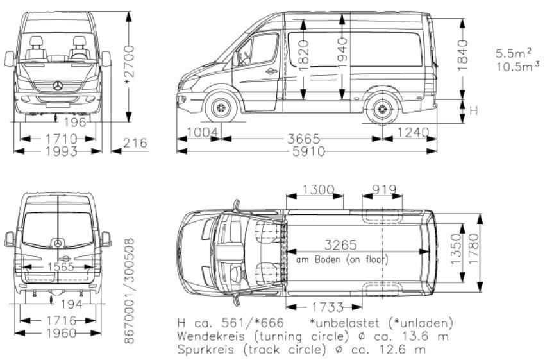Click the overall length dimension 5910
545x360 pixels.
click(x=308, y=151)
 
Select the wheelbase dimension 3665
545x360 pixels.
click(x=303, y=139)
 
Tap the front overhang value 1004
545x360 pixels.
click(x=203, y=133)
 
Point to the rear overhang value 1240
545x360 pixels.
click(x=413, y=133)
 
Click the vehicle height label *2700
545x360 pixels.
click(x=129, y=65)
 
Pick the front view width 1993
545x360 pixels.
click(x=61, y=151)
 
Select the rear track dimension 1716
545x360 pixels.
click(x=61, y=320)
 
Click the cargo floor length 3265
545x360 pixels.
click(x=340, y=245)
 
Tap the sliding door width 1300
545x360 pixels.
click(x=319, y=190)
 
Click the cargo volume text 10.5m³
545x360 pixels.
click(x=518, y=66)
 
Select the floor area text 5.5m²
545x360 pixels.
click(x=514, y=53)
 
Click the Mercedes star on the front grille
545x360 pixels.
click(x=58, y=86)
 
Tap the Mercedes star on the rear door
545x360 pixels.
click(x=58, y=243)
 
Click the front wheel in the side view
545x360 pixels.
click(x=221, y=108)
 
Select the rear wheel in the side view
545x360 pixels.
click(x=382, y=109)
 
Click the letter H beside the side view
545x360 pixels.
click(x=474, y=110)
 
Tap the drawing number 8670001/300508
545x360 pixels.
click(x=129, y=291)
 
